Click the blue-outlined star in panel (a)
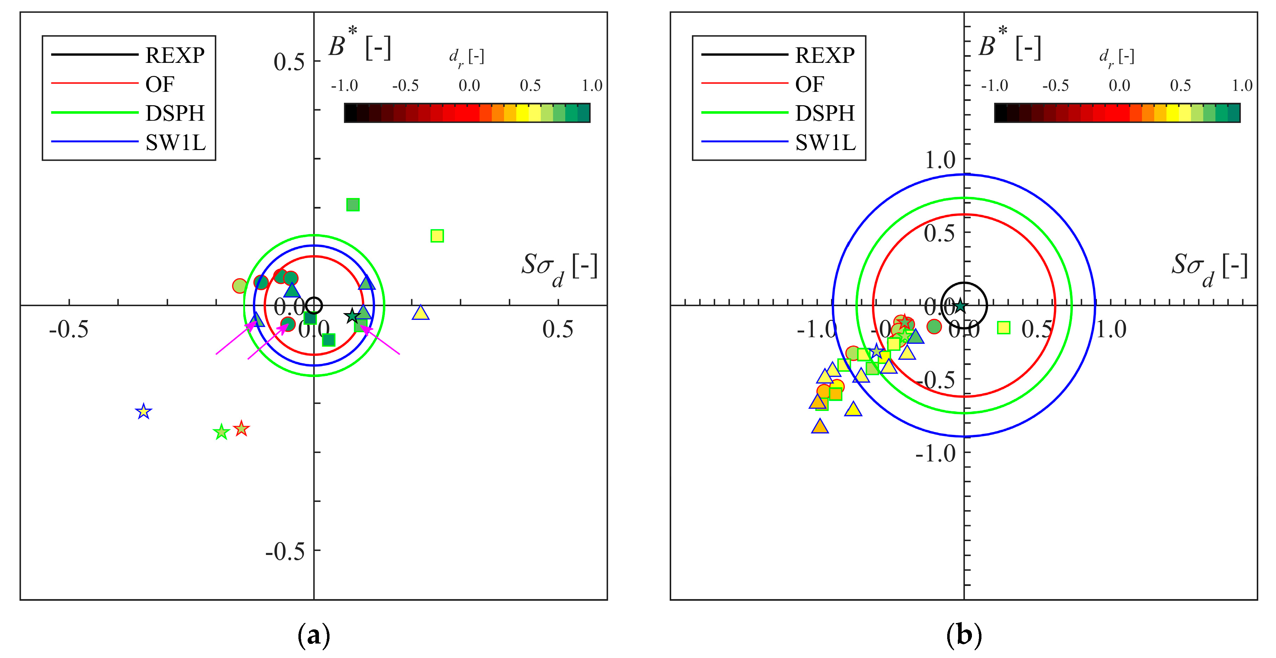[x=143, y=412]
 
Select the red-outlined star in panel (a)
[x=241, y=428]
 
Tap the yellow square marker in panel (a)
[x=437, y=236]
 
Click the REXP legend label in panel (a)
[x=175, y=55]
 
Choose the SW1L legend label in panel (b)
[x=825, y=143]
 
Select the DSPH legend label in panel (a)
[x=175, y=113]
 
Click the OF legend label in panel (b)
[x=809, y=84]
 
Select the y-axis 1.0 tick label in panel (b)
[x=940, y=160]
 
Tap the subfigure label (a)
[x=314, y=635]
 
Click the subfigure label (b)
[x=963, y=635]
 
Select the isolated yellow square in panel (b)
[x=1004, y=327]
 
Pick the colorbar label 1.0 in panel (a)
[x=592, y=86]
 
